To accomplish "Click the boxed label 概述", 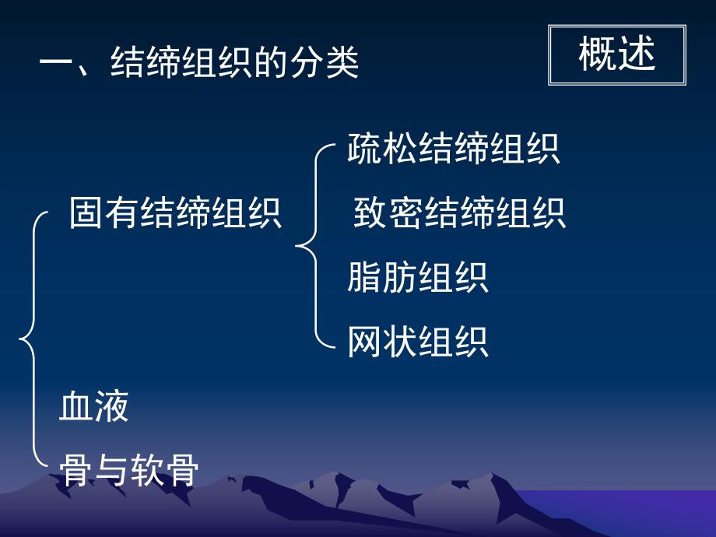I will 617,54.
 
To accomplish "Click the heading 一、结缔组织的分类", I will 199,63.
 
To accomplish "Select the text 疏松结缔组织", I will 454,149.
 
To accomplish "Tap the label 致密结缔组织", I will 459,213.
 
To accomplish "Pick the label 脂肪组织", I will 418,278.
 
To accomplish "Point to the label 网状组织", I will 418,342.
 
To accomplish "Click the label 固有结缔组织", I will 175,213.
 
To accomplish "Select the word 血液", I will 93,407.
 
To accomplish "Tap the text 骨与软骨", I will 129,471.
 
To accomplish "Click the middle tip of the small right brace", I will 298,247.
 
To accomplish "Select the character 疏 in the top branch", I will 364,149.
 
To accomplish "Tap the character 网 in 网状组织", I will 364,342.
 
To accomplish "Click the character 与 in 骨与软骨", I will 112,471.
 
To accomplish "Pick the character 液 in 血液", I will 111,407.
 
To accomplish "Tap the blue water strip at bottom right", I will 623,510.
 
